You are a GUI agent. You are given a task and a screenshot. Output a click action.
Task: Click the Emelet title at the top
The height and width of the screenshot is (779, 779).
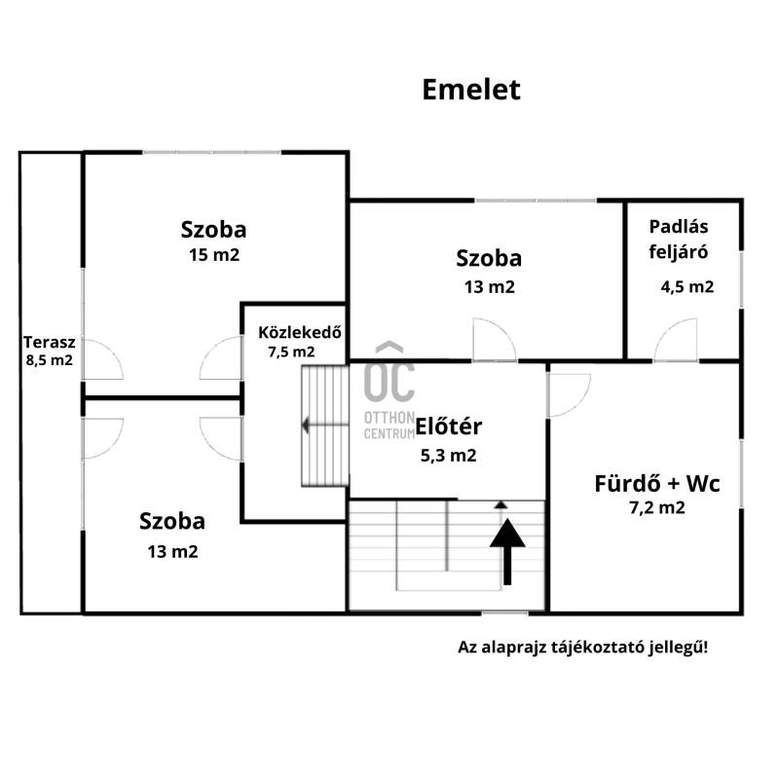471,90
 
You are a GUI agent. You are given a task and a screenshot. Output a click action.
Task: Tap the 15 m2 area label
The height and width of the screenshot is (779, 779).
214,255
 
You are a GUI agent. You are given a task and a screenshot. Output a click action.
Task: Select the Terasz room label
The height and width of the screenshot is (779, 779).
50,342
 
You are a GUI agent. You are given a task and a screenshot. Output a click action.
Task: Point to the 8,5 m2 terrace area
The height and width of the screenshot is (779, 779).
50,360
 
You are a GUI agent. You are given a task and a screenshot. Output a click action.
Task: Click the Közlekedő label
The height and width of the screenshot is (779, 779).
300,332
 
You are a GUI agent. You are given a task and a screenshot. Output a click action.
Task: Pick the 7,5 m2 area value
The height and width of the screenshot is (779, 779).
291,352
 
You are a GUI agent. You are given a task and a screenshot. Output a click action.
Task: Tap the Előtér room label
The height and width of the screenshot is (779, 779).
448,427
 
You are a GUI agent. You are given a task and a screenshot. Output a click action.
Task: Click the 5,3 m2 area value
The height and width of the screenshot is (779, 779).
448,455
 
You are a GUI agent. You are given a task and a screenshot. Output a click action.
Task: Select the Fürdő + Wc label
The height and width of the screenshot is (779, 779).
656,483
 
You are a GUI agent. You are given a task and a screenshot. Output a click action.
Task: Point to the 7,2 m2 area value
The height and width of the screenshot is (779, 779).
656,507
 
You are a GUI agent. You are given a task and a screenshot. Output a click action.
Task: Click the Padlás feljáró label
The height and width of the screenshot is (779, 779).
679,239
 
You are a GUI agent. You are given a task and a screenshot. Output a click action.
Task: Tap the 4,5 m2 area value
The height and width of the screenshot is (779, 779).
687,286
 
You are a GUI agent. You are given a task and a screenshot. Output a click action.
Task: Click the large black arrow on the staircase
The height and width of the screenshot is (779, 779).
507,551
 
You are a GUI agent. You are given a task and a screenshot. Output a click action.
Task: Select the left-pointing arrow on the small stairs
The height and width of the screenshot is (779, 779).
325,426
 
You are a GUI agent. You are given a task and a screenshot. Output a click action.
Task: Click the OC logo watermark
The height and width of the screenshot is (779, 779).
389,372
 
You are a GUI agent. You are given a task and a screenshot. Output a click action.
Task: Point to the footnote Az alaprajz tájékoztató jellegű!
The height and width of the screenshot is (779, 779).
582,648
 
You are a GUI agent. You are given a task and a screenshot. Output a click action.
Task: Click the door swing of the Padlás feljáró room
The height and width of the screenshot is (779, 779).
675,340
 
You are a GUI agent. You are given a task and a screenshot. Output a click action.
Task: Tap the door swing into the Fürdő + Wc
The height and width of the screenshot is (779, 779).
569,395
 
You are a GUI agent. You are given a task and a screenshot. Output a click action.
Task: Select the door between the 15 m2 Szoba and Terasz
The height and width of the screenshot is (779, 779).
103,359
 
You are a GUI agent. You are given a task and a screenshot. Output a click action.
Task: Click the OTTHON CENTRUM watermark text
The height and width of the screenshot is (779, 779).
389,426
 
